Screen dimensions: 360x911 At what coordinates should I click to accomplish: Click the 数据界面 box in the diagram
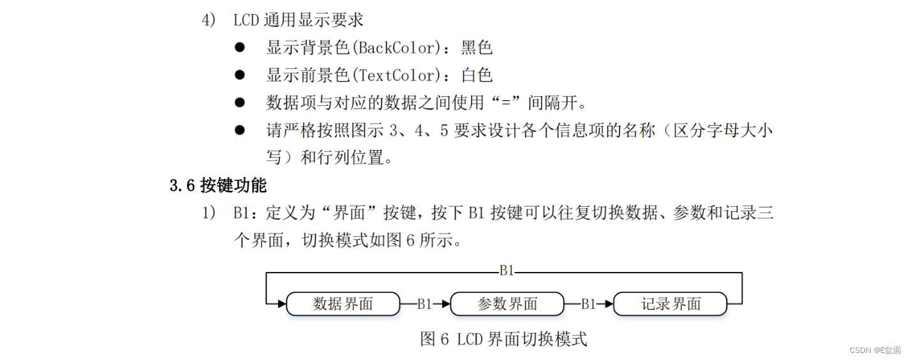(x=343, y=304)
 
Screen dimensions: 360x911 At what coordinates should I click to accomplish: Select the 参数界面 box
(x=507, y=304)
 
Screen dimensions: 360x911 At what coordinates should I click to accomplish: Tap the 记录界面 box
(x=670, y=304)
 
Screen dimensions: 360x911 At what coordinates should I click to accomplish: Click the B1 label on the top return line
(x=507, y=271)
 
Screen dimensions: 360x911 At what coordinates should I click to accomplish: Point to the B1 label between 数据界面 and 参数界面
(x=425, y=304)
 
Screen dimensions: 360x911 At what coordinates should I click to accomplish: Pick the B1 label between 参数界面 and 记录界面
(x=588, y=304)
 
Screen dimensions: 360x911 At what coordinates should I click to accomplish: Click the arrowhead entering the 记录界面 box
(x=609, y=304)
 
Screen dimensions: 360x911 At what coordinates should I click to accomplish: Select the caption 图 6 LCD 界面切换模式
(x=503, y=338)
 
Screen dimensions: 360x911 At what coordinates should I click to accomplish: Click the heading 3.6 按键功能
(x=218, y=186)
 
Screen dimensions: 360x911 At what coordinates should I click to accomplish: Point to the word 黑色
(x=477, y=48)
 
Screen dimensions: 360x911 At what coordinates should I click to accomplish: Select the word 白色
(x=477, y=75)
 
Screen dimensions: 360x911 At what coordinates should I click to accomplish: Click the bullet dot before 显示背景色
(x=240, y=47)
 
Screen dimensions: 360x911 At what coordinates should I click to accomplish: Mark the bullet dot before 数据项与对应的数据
(x=240, y=102)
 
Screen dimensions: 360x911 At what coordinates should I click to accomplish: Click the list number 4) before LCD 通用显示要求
(x=209, y=20)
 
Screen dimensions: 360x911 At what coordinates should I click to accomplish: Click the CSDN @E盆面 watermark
(x=875, y=350)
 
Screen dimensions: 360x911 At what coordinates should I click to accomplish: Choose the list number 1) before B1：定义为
(x=209, y=213)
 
